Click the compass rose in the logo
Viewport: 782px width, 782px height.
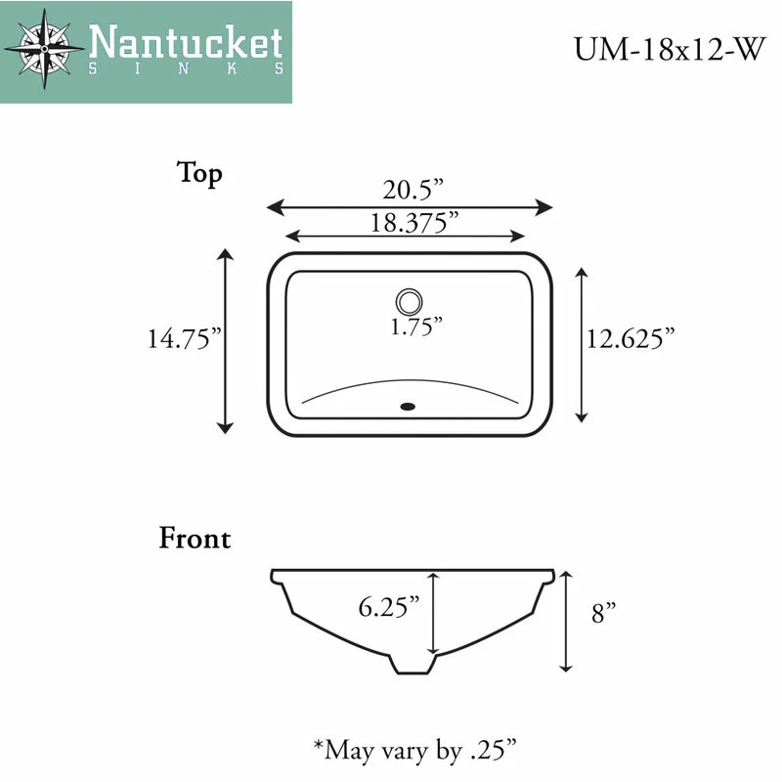pyautogui.click(x=45, y=45)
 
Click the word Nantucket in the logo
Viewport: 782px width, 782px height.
pyautogui.click(x=186, y=43)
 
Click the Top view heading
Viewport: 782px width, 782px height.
pyautogui.click(x=199, y=173)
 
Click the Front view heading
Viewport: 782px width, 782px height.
pyautogui.click(x=195, y=539)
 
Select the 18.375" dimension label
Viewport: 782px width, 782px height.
pyautogui.click(x=414, y=222)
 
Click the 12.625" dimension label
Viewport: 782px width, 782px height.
pyautogui.click(x=631, y=339)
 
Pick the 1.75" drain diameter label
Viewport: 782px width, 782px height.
pyautogui.click(x=416, y=326)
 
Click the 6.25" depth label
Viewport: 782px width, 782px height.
pyautogui.click(x=388, y=607)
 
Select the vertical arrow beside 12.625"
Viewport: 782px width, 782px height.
pyautogui.click(x=583, y=344)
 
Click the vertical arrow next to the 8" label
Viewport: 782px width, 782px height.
pyautogui.click(x=565, y=622)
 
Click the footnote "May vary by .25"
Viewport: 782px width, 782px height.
pyautogui.click(x=414, y=750)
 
